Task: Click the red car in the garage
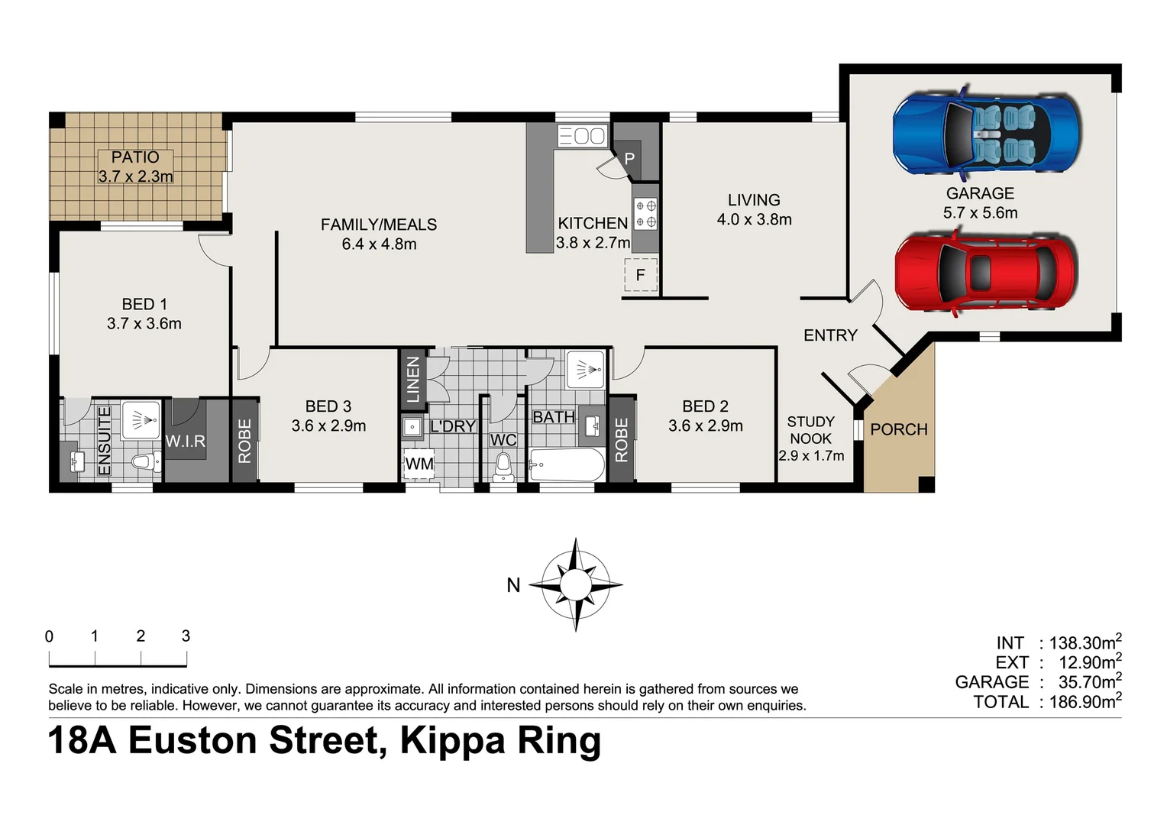click(x=985, y=272)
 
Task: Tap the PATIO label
click(x=135, y=157)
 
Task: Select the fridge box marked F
click(x=640, y=275)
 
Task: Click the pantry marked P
click(x=629, y=159)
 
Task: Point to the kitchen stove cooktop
click(x=645, y=214)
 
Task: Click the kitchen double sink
click(x=582, y=136)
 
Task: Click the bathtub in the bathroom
click(x=566, y=464)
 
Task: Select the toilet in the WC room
click(x=503, y=466)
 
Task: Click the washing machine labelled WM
click(x=419, y=464)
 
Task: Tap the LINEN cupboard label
click(x=413, y=380)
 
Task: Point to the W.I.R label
click(x=186, y=442)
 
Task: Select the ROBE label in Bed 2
click(x=621, y=440)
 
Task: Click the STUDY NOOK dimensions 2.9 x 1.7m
click(x=811, y=456)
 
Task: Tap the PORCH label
click(x=898, y=429)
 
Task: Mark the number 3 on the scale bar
click(x=186, y=636)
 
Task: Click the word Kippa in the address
click(x=451, y=740)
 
